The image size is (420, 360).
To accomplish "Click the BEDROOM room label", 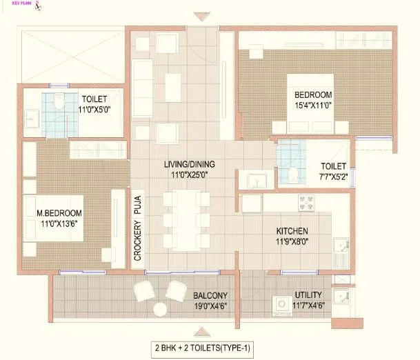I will click(313, 94).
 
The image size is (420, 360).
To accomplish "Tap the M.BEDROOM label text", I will click(59, 213).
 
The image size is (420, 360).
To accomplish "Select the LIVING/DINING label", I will click(189, 163).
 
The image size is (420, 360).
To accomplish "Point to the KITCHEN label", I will click(292, 230).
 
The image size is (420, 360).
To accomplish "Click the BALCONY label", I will click(207, 293).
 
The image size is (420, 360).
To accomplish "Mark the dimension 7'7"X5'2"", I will click(332, 177).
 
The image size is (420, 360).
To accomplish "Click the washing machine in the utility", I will click(281, 305).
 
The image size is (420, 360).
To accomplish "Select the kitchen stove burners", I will click(307, 202).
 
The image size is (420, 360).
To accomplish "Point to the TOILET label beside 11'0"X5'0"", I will click(94, 98).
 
